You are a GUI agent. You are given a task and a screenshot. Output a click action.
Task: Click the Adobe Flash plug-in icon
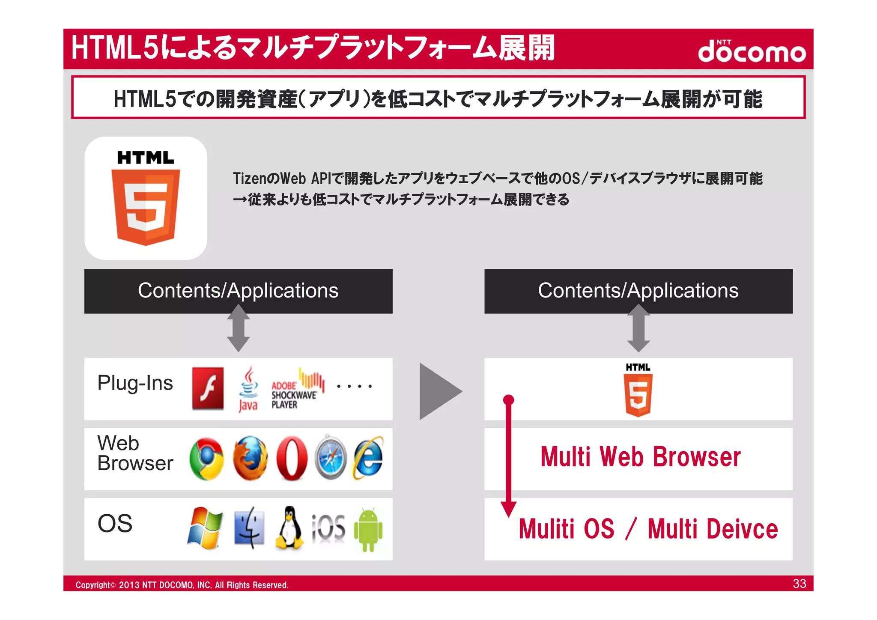coord(208,388)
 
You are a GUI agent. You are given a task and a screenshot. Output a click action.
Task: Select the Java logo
coord(248,389)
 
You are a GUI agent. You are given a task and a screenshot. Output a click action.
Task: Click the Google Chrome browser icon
coord(207,459)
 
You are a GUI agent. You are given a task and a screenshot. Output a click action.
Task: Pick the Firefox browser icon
coord(250,458)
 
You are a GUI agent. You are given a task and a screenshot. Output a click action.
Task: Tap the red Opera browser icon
coord(292,458)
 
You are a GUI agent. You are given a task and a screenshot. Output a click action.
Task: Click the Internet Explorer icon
coord(368,457)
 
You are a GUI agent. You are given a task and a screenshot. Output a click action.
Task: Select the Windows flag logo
coord(205,528)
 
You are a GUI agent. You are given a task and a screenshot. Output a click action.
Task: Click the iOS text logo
coord(328,528)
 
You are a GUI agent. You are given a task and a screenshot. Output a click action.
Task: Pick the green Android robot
coord(368,530)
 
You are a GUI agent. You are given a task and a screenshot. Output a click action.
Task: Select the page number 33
coord(799,584)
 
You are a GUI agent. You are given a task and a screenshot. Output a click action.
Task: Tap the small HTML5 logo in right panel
coord(638,390)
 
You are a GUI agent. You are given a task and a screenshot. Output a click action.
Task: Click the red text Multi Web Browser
coord(640,457)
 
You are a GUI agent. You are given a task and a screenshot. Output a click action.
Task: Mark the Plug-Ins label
coord(135,383)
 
